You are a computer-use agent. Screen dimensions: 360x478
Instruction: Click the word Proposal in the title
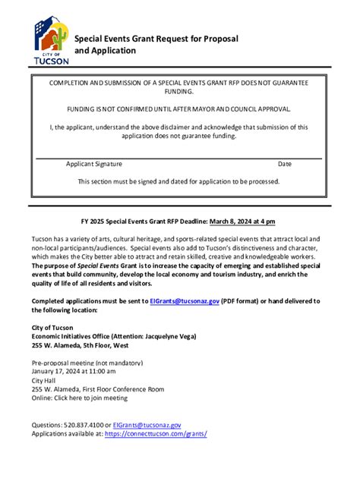[x=217, y=38]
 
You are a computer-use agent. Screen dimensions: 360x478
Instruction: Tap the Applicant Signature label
[x=93, y=164]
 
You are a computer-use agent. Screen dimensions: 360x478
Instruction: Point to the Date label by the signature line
[x=284, y=164]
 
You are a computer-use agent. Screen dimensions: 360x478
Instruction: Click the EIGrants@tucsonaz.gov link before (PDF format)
[x=185, y=300]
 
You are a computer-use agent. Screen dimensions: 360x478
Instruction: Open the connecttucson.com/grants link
[x=156, y=434]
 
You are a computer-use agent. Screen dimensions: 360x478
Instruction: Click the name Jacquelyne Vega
[x=168, y=335]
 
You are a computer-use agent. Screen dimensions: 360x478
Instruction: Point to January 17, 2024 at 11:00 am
[x=74, y=372]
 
